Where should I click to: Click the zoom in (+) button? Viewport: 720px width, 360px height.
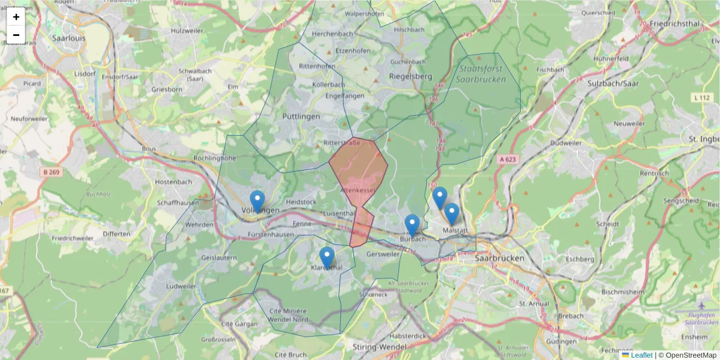[x=16, y=17]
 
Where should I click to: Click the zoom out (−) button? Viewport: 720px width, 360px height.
[x=16, y=35]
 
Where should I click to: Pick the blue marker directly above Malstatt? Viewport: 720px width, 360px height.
[x=451, y=214]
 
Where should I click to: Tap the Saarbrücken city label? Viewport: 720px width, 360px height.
[x=499, y=258]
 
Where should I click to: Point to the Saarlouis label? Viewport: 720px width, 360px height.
[x=69, y=37]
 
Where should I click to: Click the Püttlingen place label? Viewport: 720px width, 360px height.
[x=301, y=116]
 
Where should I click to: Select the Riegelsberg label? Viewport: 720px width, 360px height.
[x=410, y=77]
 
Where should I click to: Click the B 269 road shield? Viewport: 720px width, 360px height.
[x=52, y=172]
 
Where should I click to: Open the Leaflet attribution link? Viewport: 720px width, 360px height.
[x=641, y=355]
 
